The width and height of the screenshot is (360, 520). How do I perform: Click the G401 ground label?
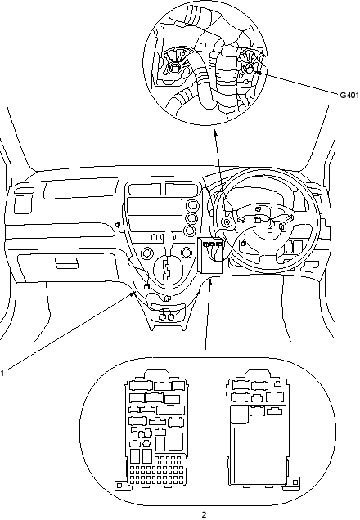(x=349, y=95)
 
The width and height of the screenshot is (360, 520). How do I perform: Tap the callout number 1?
(x=2, y=373)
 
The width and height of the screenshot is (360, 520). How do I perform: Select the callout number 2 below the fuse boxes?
(x=204, y=514)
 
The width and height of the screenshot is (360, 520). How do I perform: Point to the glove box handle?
(x=67, y=263)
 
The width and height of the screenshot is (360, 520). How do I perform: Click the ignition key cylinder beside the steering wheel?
(x=227, y=222)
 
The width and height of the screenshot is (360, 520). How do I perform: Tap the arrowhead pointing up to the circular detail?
(x=215, y=132)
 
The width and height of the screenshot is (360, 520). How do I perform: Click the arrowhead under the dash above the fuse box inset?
(x=210, y=282)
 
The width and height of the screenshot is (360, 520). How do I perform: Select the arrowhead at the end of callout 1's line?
(x=133, y=294)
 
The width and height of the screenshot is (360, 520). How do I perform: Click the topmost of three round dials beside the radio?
(x=191, y=205)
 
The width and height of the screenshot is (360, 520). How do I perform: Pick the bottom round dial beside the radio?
(x=191, y=230)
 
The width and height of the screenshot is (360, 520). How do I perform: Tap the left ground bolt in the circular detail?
(x=174, y=68)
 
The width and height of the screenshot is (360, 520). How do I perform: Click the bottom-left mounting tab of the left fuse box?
(x=119, y=485)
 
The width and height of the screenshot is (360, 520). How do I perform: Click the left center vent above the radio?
(x=145, y=190)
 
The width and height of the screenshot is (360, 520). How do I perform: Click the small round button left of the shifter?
(x=154, y=237)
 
